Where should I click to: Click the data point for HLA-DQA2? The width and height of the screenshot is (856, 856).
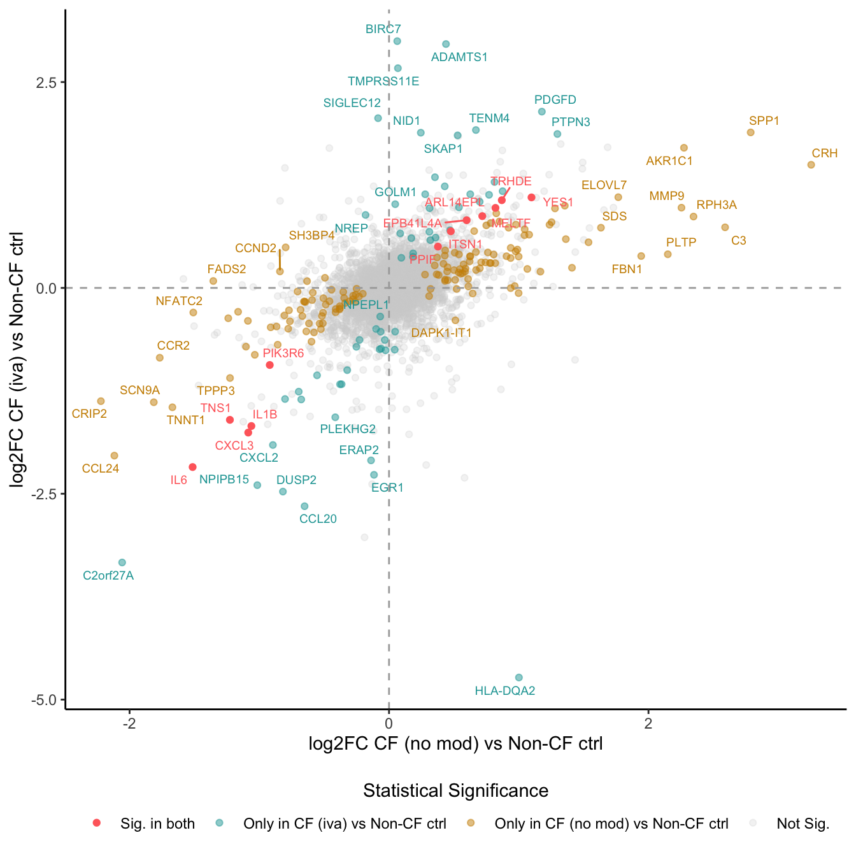(518, 678)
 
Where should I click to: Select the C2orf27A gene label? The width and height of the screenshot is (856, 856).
(108, 576)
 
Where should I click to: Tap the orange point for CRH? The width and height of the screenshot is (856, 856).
(811, 165)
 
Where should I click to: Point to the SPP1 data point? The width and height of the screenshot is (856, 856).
(750, 132)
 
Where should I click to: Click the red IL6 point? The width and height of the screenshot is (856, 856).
(192, 467)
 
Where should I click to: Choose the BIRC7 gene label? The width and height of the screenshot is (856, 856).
(383, 29)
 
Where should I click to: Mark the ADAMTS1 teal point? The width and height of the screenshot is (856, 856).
(446, 44)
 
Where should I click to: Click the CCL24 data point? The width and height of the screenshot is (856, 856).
(115, 455)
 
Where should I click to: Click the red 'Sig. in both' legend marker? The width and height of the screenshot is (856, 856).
(97, 823)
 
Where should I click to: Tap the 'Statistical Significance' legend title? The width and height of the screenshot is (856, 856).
(456, 790)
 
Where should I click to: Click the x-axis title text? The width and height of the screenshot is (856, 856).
(456, 744)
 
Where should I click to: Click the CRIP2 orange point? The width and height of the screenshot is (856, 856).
(101, 401)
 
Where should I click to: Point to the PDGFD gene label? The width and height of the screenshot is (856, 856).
(555, 100)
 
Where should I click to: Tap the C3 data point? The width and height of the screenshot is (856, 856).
(725, 227)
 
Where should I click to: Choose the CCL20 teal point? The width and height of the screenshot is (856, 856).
(304, 506)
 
